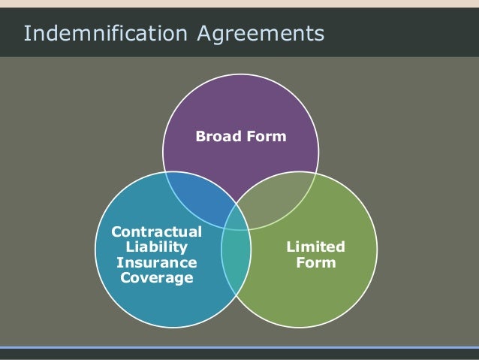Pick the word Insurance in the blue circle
(x=156, y=262)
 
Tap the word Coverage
(x=156, y=278)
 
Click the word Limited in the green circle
(x=316, y=247)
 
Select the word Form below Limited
(x=316, y=263)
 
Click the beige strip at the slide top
(x=239, y=4)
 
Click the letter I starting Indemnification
(x=27, y=34)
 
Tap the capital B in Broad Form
(x=200, y=137)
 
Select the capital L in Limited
(x=291, y=247)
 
